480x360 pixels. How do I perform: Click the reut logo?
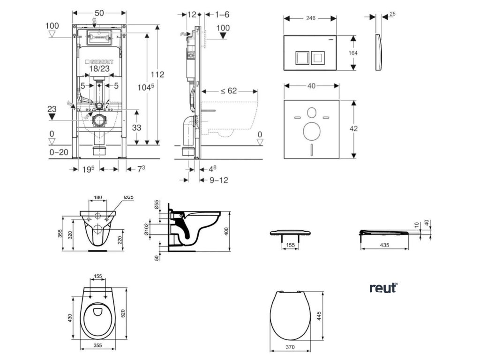pos(383,288)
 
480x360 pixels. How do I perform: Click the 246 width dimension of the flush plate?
pos(311,18)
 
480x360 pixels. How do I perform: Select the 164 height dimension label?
pos(353,53)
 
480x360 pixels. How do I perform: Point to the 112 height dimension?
pos(157,75)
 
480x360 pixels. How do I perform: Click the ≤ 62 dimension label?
pos(229,91)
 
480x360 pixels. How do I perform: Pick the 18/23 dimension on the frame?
pos(99,68)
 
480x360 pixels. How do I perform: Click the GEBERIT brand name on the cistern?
pos(99,61)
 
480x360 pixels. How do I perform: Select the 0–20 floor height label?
pos(59,152)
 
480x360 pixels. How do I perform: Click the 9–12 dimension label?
pos(219,180)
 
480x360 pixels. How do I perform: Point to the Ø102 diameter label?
pos(146,229)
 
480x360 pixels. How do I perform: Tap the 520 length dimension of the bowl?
pos(123,313)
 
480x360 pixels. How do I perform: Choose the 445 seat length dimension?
pos(319,316)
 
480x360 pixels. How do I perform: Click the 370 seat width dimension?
pos(290,347)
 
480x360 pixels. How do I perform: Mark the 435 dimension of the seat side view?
pos(384,245)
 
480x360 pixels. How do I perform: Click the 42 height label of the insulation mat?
pos(353,128)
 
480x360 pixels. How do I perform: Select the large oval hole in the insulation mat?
pos(312,131)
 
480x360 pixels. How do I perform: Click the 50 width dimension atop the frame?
pos(99,13)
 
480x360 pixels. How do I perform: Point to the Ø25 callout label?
pos(129,197)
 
